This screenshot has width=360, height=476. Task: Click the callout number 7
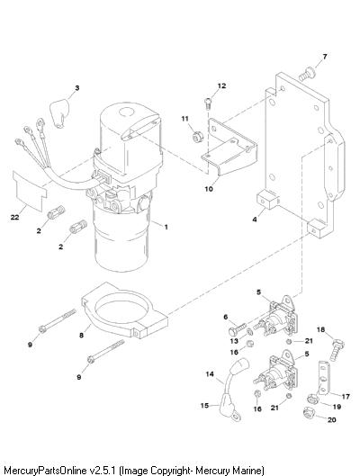pyautogui.click(x=325, y=57)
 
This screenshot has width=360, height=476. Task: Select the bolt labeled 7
pyautogui.click(x=307, y=74)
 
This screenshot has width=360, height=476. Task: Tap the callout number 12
pyautogui.click(x=222, y=85)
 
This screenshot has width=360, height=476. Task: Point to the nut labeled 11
pyautogui.click(x=198, y=137)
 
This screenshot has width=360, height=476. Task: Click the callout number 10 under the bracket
pyautogui.click(x=209, y=189)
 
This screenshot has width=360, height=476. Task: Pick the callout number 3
pyautogui.click(x=77, y=88)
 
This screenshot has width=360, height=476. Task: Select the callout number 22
pyautogui.click(x=14, y=218)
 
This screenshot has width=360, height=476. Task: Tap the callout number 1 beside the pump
pyautogui.click(x=166, y=227)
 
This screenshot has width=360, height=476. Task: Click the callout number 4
pyautogui.click(x=255, y=220)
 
